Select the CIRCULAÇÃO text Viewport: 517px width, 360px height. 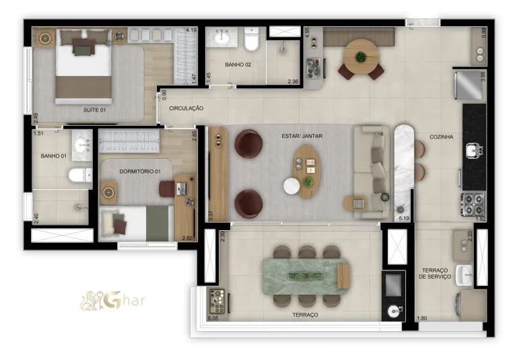point(186,108)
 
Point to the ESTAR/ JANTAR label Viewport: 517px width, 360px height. point(302,136)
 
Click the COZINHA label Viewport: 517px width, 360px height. point(442,137)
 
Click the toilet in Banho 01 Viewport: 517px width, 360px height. point(79,176)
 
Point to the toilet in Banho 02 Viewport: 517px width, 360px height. point(252,42)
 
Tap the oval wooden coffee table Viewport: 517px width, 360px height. point(307,171)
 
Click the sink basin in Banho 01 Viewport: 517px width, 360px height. point(83,143)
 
